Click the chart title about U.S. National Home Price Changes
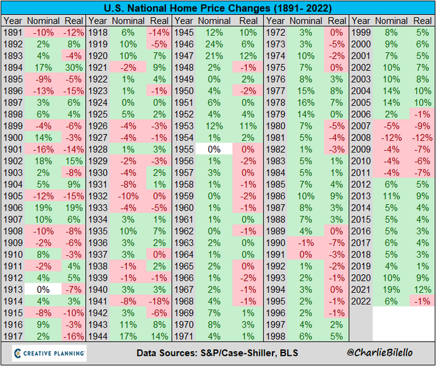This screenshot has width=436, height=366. pyautogui.click(x=217, y=9)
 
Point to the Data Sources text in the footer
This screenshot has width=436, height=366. pyautogui.click(x=216, y=353)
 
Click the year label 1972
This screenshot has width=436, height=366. pyautogui.click(x=276, y=33)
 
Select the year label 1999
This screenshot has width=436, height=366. pyautogui.click(x=361, y=33)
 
